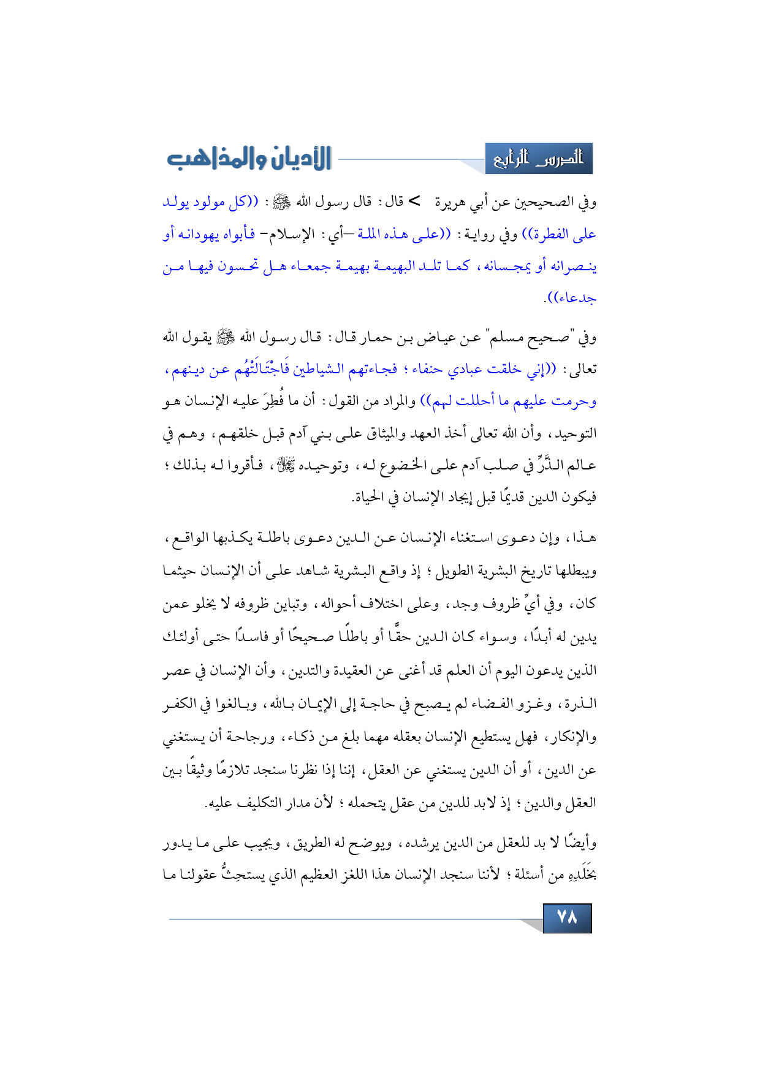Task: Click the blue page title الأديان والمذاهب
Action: (249, 159)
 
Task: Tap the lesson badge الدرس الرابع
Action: (539, 159)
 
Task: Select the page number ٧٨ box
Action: (567, 917)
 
